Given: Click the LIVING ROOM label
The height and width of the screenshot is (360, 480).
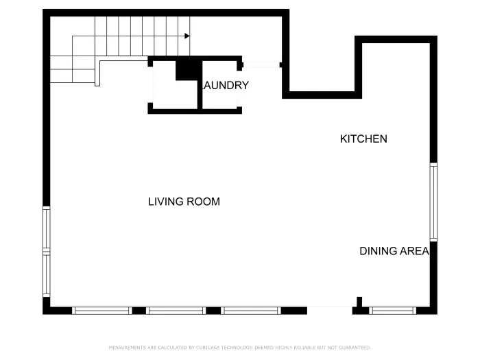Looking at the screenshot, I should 184,202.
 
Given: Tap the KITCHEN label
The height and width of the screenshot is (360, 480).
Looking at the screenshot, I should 363,139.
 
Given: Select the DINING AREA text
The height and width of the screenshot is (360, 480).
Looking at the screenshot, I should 394,251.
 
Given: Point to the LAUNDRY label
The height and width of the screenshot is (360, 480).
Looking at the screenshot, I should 224,86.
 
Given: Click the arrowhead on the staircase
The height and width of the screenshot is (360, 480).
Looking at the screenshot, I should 187,36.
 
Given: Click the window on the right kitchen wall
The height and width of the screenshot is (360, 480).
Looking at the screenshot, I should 433,202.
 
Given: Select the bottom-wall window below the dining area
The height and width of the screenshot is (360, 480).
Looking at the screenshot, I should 392,311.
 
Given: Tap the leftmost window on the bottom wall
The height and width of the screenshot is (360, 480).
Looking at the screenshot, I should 101,311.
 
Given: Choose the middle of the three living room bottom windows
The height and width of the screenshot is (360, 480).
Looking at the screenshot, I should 176,311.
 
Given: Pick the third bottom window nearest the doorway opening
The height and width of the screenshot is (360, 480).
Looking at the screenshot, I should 251,311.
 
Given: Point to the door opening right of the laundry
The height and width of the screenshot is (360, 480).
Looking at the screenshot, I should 261,65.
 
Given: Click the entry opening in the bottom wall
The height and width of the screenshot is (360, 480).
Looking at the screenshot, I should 329,310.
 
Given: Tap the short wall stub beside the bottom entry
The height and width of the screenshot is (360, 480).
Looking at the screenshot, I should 359,302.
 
